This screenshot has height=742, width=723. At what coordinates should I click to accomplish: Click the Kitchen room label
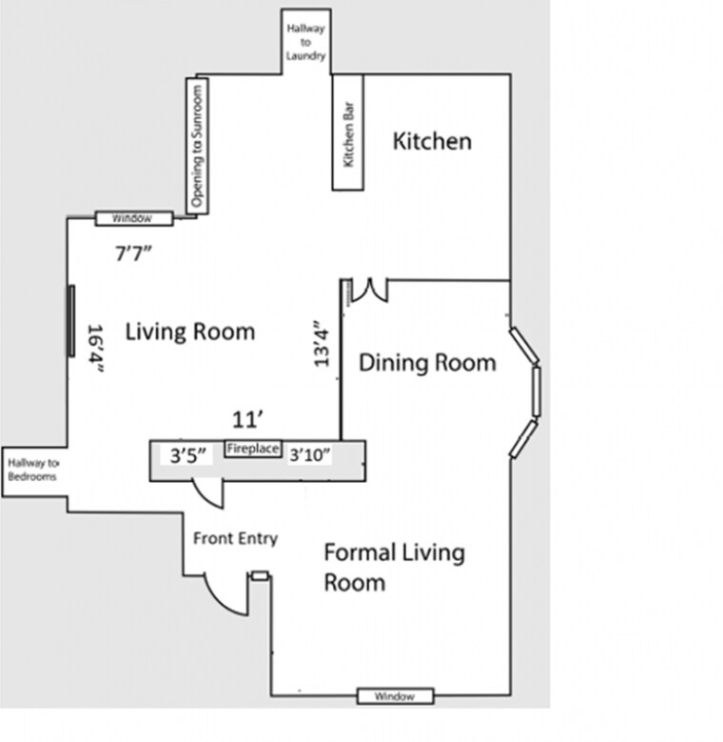[432, 142]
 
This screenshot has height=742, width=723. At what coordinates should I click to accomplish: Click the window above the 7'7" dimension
[133, 218]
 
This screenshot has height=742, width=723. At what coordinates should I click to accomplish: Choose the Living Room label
[190, 331]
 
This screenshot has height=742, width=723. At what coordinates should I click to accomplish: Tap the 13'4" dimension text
[322, 343]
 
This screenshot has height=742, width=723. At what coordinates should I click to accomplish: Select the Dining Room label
[427, 363]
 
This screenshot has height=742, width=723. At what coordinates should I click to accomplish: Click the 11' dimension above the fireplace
[247, 419]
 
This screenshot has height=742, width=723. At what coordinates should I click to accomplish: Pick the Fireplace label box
[252, 449]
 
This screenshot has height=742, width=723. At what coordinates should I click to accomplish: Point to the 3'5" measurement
[188, 455]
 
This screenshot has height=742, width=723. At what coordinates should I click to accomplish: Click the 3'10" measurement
[309, 455]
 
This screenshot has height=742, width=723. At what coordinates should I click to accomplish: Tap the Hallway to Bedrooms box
[32, 471]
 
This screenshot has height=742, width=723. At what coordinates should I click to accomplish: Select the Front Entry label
[235, 539]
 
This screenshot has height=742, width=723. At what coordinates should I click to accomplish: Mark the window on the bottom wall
[395, 696]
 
